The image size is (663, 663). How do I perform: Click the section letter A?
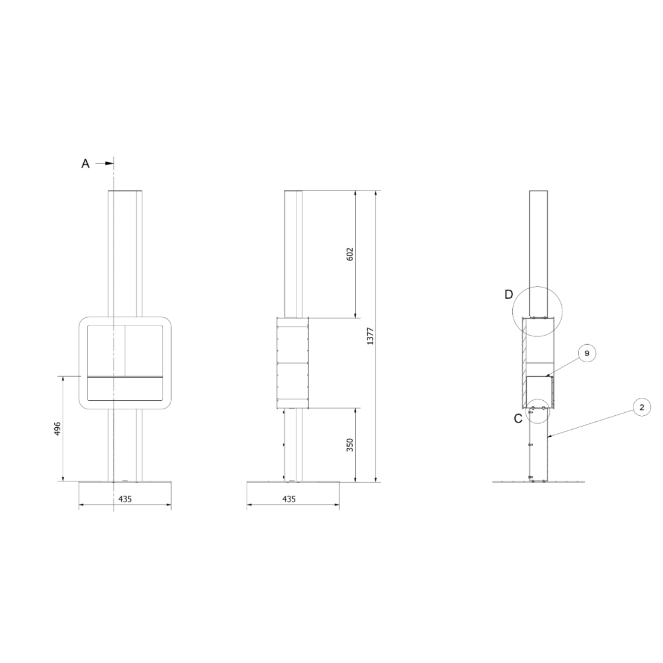[86, 163]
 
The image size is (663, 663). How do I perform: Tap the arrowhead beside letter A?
[110, 163]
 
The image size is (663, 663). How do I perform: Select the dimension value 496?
[58, 429]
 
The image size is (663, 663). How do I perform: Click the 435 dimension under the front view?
[125, 499]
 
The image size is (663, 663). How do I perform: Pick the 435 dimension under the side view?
[289, 499]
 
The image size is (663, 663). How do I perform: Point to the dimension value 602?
[350, 254]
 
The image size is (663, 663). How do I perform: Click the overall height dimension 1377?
[371, 336]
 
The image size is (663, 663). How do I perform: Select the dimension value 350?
[350, 445]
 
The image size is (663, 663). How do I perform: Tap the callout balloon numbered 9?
[587, 353]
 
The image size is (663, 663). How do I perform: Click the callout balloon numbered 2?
[642, 407]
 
